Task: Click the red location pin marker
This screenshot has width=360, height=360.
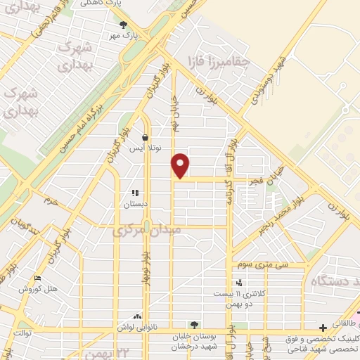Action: (x=181, y=166)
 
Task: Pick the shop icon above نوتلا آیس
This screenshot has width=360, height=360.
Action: (x=144, y=139)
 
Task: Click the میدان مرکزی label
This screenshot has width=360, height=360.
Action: (x=148, y=230)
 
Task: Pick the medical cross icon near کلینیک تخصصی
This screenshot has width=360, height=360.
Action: (x=322, y=328)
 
